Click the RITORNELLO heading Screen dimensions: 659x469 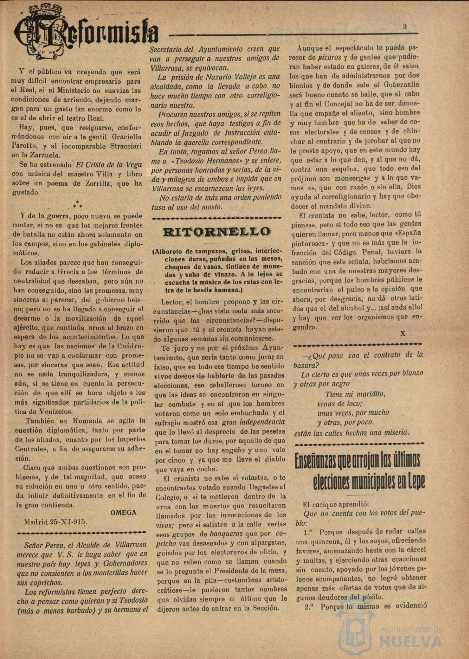point(217,232)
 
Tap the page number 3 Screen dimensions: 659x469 point(405,27)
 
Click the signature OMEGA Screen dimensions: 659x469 point(123,513)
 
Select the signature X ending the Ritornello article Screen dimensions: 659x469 point(403,334)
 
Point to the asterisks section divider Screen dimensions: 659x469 point(78,204)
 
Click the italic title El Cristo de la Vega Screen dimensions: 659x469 point(109,165)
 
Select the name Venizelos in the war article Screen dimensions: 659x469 point(52,412)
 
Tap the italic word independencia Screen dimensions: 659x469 point(262,422)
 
